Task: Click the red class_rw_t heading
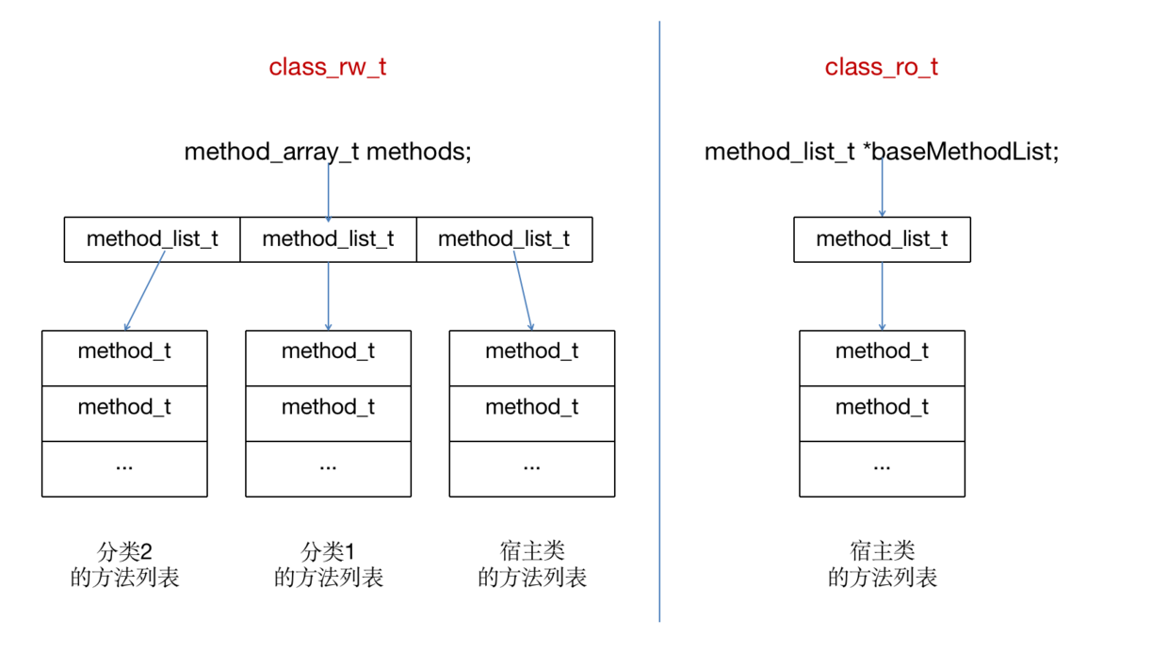pos(327,67)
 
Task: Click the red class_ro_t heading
pos(881,67)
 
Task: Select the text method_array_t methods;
pos(327,151)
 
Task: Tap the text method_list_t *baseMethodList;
pos(881,151)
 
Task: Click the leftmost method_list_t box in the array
pos(152,239)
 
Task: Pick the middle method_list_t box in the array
pos(328,239)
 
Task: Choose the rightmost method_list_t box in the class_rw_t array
pos(504,239)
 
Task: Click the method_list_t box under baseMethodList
pos(882,239)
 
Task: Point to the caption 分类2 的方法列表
pos(124,563)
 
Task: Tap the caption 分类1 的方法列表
pos(328,563)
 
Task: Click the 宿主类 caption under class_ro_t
pos(882,563)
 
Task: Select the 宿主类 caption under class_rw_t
pos(532,563)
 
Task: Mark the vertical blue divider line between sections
pos(659,377)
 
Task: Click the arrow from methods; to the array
pos(328,193)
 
